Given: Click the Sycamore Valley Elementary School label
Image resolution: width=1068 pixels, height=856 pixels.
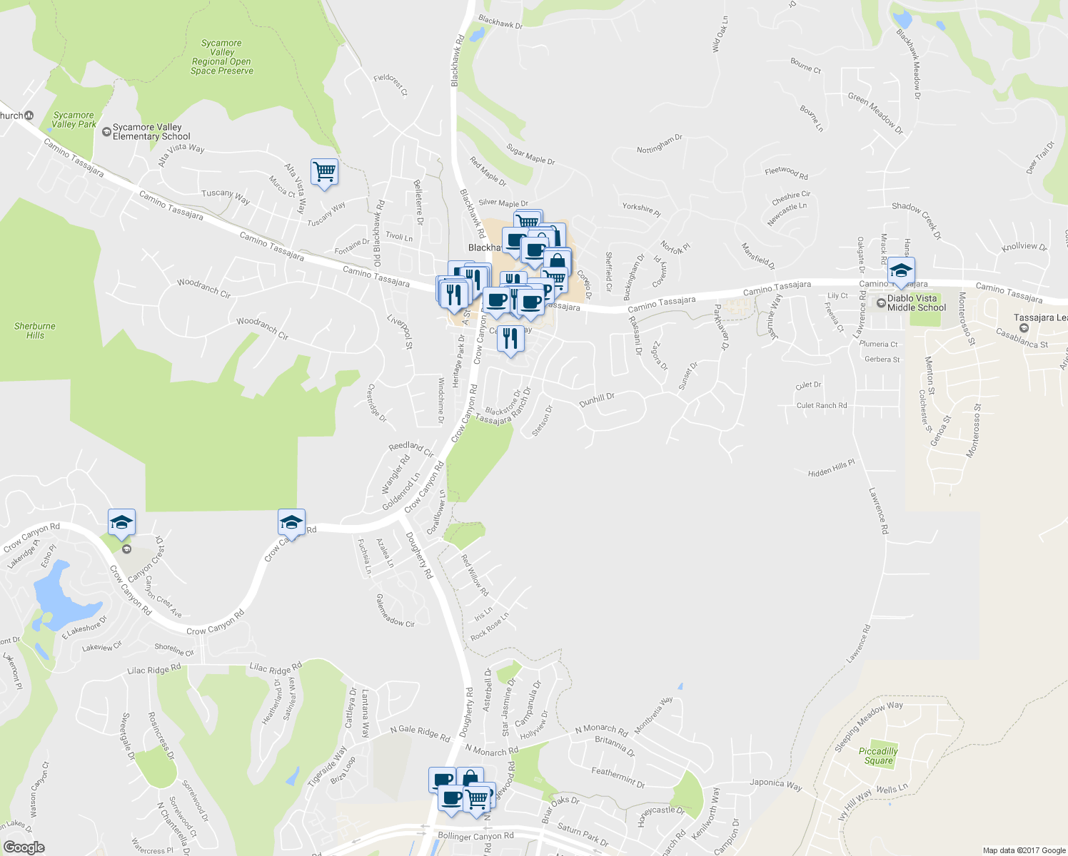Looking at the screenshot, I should tap(151, 132).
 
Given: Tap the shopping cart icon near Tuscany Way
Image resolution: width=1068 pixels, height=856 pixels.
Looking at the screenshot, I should tap(324, 172).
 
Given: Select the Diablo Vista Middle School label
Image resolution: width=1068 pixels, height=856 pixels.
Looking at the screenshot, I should tap(916, 303).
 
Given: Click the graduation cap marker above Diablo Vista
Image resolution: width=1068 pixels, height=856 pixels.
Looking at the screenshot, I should tap(901, 272).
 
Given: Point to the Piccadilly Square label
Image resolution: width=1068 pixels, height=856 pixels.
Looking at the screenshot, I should tap(878, 756).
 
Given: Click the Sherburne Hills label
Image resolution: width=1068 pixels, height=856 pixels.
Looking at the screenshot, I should tap(34, 330).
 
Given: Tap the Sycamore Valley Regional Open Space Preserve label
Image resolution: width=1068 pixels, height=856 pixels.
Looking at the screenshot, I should tap(222, 57).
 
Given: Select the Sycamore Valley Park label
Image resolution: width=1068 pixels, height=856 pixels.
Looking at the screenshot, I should tap(74, 119).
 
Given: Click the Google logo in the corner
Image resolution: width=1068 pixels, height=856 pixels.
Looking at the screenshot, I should tap(24, 847).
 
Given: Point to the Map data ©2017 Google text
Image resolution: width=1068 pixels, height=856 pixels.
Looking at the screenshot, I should tap(1023, 850).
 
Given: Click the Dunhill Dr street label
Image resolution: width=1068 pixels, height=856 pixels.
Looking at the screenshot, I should tap(597, 399).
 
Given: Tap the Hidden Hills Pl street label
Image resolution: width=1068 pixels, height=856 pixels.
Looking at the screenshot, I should tap(831, 469).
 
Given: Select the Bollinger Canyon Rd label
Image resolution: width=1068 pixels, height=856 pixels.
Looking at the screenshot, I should tap(475, 836).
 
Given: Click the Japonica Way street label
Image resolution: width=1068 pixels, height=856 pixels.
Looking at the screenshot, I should tap(775, 784).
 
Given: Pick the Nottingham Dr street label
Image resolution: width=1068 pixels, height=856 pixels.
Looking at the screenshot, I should tap(660, 143).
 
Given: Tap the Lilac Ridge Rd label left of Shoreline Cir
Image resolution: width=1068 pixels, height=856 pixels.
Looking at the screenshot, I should tap(154, 670).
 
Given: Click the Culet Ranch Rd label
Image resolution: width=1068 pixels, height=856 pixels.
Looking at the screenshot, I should tap(822, 405).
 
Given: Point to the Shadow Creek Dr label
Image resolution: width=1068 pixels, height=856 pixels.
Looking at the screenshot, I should tap(917, 220).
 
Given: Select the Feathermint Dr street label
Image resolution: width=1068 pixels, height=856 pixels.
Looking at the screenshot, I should tap(618, 777).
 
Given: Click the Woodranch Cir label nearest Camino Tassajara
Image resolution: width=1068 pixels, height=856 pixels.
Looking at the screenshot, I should tap(204, 287).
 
